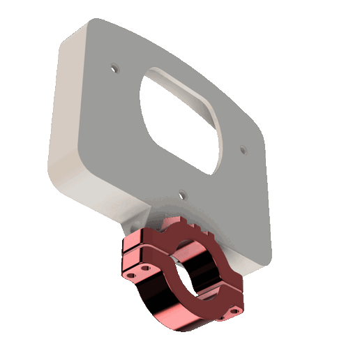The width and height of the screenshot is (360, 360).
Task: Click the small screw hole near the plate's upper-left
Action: click(x=115, y=68)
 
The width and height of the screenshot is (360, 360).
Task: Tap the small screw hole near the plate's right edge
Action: click(x=243, y=149)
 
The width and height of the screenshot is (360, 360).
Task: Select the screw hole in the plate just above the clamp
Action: click(x=181, y=195)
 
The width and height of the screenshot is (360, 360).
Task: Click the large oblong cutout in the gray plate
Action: click(x=180, y=122)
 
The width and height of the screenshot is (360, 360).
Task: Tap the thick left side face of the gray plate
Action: click(x=66, y=119)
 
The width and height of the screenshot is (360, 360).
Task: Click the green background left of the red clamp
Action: click(x=84, y=279)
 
